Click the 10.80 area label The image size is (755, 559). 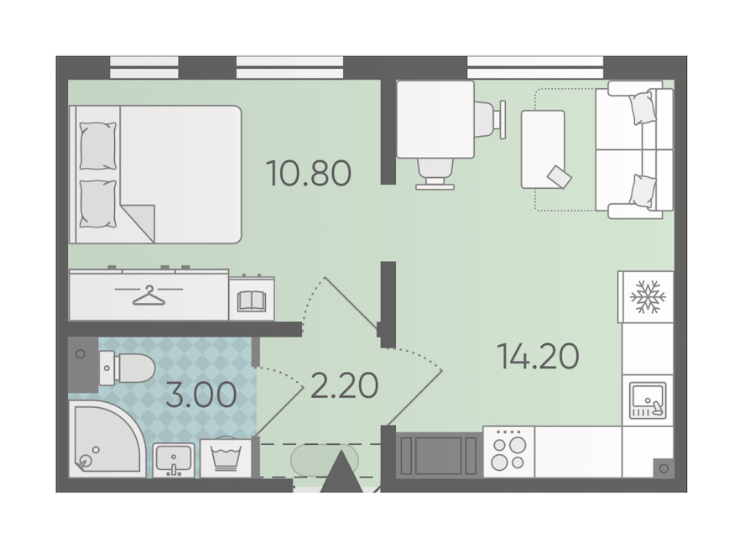[309, 174]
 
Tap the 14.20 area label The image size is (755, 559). [538, 356]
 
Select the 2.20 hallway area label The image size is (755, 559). [344, 386]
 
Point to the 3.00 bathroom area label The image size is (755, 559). [200, 394]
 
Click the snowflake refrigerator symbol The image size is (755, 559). [648, 296]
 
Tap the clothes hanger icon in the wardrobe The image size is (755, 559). [148, 295]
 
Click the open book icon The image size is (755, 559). [252, 300]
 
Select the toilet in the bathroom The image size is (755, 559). [127, 368]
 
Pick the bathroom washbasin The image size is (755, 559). [174, 460]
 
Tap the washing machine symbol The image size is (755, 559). [226, 457]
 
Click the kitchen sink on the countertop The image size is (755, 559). [648, 400]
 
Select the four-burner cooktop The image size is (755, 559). [508, 452]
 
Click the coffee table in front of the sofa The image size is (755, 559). [543, 149]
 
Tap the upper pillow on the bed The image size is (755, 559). [98, 145]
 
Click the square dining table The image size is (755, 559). [435, 119]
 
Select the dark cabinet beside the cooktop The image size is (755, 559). [438, 456]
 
